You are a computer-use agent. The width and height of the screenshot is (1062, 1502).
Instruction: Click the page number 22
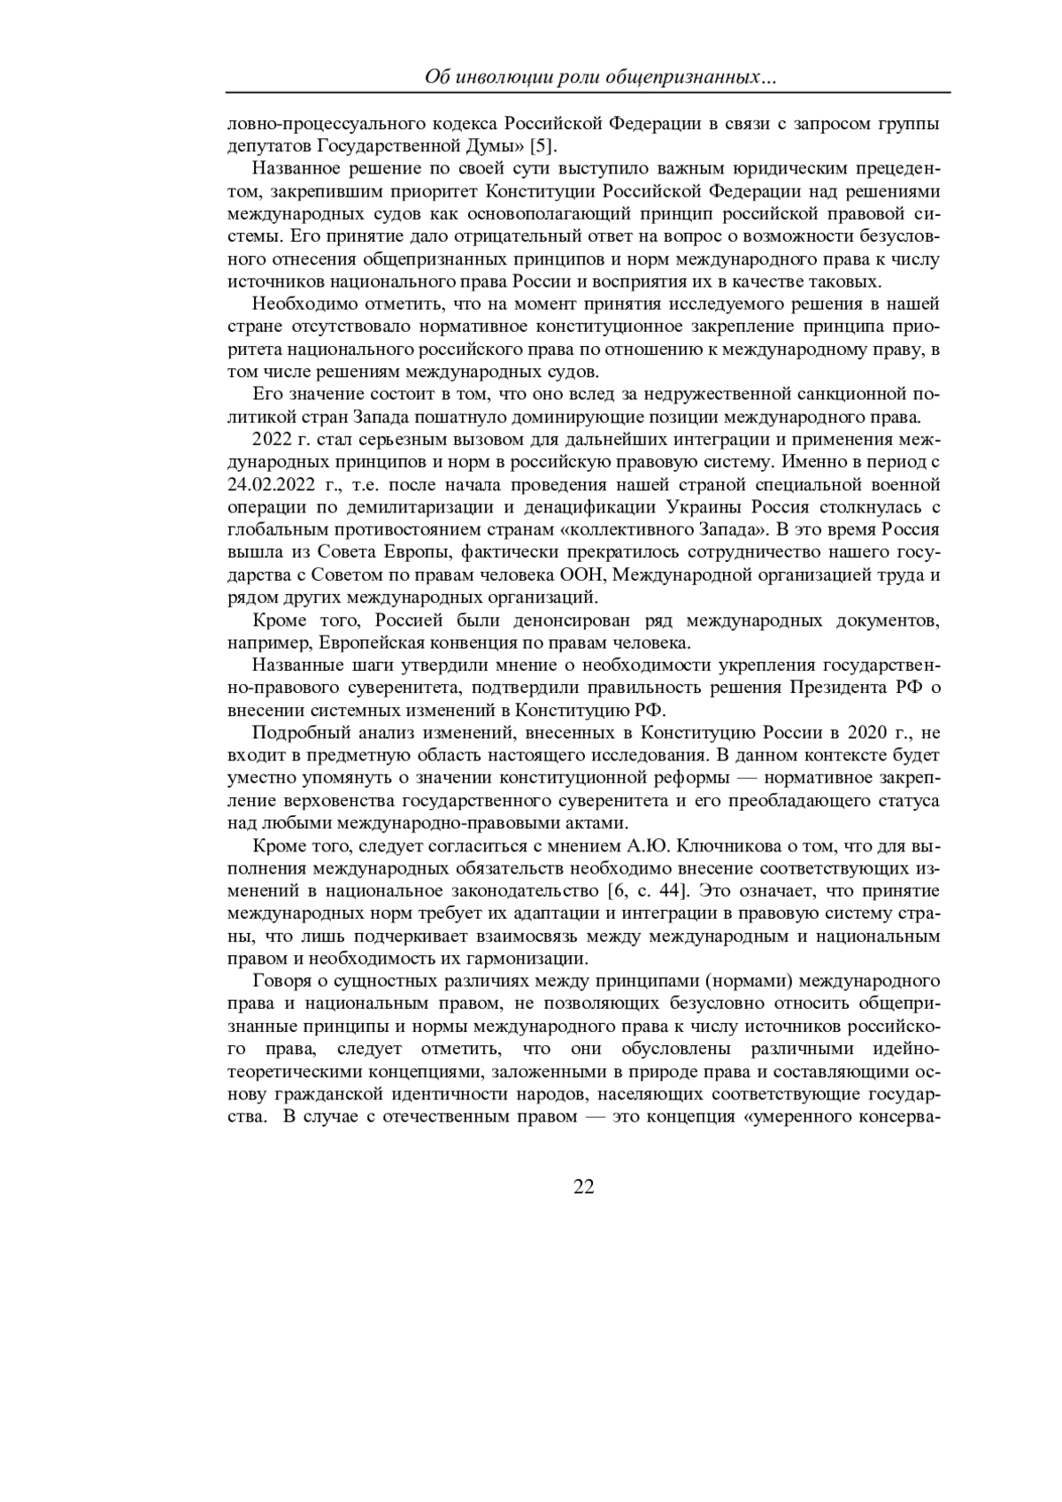point(584,1187)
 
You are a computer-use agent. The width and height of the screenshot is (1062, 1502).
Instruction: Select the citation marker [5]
point(543,145)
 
